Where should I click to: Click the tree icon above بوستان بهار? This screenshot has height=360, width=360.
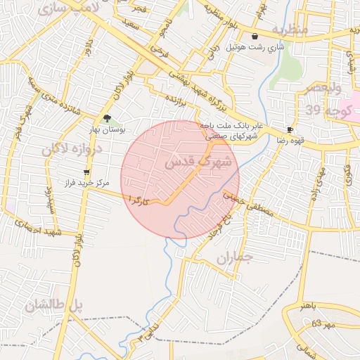(x=106, y=119)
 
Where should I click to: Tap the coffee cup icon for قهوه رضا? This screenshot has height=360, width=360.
(x=290, y=130)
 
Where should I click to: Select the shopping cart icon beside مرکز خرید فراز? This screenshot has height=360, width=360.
(x=86, y=172)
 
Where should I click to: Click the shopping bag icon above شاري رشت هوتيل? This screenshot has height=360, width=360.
(x=254, y=37)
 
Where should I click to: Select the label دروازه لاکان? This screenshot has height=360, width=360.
(x=72, y=149)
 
